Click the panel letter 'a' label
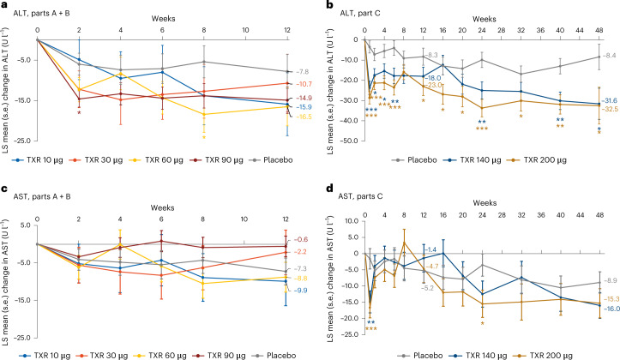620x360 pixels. coord(5,6)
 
